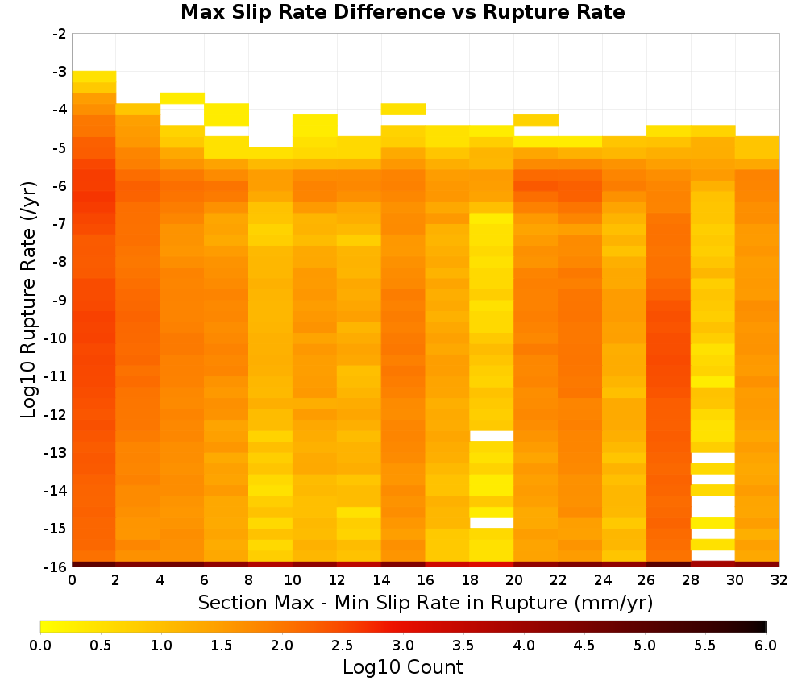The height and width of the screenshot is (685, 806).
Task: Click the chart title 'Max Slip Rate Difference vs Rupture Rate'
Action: (x=402, y=12)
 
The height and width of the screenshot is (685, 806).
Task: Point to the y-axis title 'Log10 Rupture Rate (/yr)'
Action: (x=29, y=300)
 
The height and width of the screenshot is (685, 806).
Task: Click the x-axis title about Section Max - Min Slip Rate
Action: (x=425, y=602)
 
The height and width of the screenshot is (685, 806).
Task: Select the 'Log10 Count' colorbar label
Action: (x=402, y=667)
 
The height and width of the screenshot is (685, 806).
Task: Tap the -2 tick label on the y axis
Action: (x=60, y=34)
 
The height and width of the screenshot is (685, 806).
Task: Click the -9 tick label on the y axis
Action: (x=60, y=300)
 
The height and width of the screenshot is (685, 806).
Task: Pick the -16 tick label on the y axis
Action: (x=56, y=567)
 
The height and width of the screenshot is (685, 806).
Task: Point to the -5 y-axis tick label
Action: (x=60, y=148)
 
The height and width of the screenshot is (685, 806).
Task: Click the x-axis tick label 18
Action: (x=469, y=580)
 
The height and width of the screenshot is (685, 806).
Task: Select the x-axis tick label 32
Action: (x=779, y=580)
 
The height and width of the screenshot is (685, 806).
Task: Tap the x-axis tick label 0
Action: (x=72, y=580)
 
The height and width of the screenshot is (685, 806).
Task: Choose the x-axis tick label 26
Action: (x=646, y=580)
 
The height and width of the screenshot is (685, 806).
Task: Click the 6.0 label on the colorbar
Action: (x=766, y=646)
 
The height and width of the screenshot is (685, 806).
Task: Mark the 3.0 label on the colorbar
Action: (x=403, y=646)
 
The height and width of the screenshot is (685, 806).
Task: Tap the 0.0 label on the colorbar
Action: (x=40, y=646)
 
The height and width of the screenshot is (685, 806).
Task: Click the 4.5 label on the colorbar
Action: (x=584, y=646)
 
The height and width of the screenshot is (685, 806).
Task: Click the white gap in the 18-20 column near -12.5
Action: (x=492, y=436)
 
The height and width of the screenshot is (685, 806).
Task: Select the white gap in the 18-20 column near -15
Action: (x=492, y=523)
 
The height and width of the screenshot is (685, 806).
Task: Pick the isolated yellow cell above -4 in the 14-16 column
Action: (x=403, y=109)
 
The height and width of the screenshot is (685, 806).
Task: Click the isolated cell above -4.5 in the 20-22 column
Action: (x=536, y=120)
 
